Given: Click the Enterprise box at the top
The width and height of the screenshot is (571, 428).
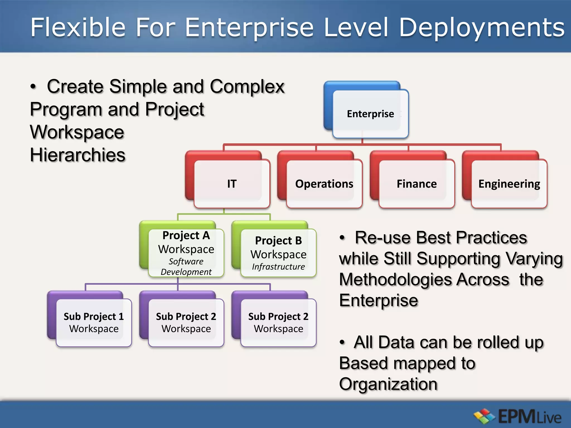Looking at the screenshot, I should (370, 114).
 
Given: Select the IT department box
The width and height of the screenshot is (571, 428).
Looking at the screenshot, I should (232, 184).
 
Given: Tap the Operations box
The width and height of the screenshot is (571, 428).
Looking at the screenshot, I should (324, 184).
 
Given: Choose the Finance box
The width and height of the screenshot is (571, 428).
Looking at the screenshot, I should (417, 184).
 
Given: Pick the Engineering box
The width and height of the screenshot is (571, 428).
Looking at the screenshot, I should (509, 184).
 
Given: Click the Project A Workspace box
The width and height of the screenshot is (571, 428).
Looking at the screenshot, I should (186, 252).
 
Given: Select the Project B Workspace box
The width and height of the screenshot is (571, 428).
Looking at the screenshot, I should (278, 252).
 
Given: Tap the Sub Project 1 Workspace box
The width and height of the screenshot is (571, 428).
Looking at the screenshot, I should (94, 322).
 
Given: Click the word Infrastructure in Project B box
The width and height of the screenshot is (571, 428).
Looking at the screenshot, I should (278, 267).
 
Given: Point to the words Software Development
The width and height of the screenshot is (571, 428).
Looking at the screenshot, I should (186, 267).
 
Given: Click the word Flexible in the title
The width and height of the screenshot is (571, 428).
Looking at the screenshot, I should (78, 27).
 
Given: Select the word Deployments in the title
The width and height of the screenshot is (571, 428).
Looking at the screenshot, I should (482, 27).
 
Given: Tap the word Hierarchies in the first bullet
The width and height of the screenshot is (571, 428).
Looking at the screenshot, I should (78, 155).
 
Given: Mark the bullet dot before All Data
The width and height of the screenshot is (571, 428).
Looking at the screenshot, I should (342, 343).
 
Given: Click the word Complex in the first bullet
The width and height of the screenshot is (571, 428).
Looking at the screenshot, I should (247, 87).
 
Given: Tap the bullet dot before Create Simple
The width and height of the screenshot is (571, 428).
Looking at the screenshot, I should (33, 87).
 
